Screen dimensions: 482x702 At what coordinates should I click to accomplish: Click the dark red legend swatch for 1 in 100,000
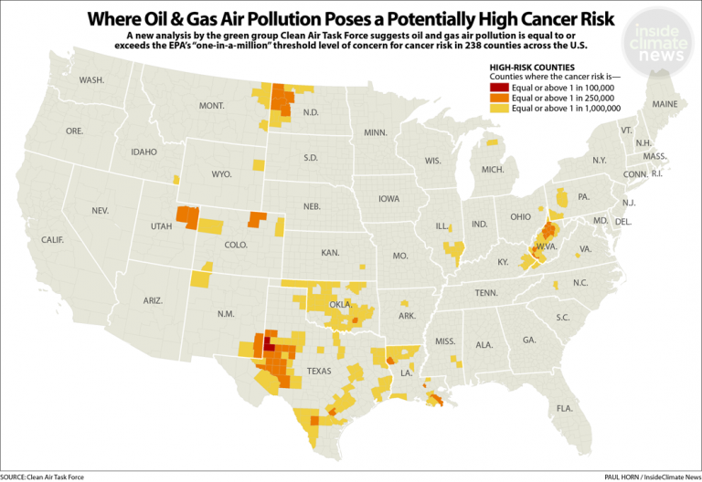[x=500, y=87]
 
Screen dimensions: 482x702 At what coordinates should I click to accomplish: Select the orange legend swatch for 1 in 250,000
[x=500, y=97]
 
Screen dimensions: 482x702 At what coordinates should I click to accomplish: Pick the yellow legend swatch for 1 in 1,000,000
[x=500, y=108]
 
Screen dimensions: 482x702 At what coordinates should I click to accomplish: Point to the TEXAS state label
[x=319, y=371]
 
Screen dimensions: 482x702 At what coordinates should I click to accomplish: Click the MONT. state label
[x=211, y=107]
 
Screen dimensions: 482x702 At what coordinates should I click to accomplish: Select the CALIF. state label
[x=52, y=239]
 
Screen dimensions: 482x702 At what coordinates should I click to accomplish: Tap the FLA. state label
[x=564, y=407]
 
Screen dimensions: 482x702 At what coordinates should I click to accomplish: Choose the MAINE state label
[x=665, y=104]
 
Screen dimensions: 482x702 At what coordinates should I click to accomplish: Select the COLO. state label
[x=236, y=245]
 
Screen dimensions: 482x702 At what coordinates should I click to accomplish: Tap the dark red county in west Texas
[x=268, y=345]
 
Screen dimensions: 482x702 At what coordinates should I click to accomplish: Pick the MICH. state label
[x=493, y=170]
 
